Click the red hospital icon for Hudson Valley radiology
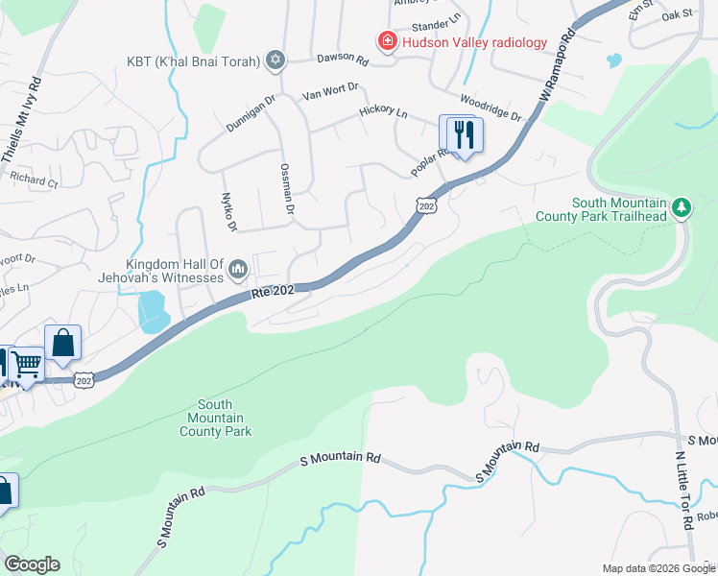(386, 41)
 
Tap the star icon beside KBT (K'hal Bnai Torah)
(275, 61)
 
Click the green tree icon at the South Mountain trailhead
(682, 208)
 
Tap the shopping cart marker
(27, 365)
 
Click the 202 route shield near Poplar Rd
(427, 204)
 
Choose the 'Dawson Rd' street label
(348, 60)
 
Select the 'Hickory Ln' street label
(383, 111)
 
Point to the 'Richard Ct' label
(34, 178)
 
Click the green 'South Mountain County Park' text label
(215, 419)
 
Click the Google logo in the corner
(32, 564)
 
